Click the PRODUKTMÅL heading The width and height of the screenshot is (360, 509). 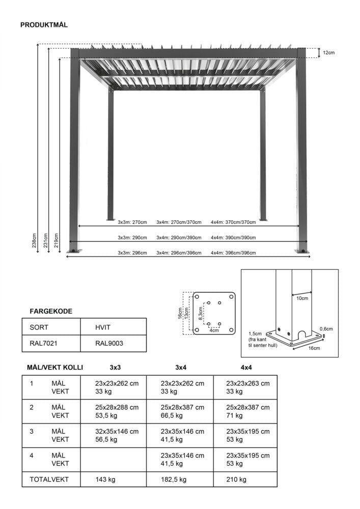pyautogui.click(x=44, y=24)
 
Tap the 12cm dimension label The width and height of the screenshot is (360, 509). pyautogui.click(x=329, y=52)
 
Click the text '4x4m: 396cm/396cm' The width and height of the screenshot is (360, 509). pyautogui.click(x=233, y=253)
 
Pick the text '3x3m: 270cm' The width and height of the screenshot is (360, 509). pyautogui.click(x=132, y=222)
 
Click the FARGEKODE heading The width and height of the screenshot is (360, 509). pyautogui.click(x=51, y=311)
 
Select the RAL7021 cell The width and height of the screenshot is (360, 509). pyautogui.click(x=43, y=343)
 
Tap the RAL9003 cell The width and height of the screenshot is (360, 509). pyautogui.click(x=109, y=343)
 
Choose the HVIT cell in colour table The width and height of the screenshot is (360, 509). pyautogui.click(x=103, y=327)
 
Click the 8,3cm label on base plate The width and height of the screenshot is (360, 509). pyautogui.click(x=201, y=314)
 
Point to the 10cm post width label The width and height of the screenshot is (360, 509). pyautogui.click(x=302, y=298)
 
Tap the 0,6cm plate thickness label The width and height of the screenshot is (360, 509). pyautogui.click(x=326, y=329)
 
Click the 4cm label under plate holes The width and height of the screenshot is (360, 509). pyautogui.click(x=214, y=330)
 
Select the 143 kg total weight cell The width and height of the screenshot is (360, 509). pyautogui.click(x=105, y=479)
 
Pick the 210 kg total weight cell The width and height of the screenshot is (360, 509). pyautogui.click(x=236, y=479)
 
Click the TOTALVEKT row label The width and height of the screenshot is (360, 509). pyautogui.click(x=49, y=479)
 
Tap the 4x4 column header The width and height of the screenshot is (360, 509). pyautogui.click(x=246, y=367)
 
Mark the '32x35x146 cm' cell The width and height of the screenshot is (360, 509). pyautogui.click(x=117, y=431)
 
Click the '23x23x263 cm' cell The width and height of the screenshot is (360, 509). pyautogui.click(x=247, y=383)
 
